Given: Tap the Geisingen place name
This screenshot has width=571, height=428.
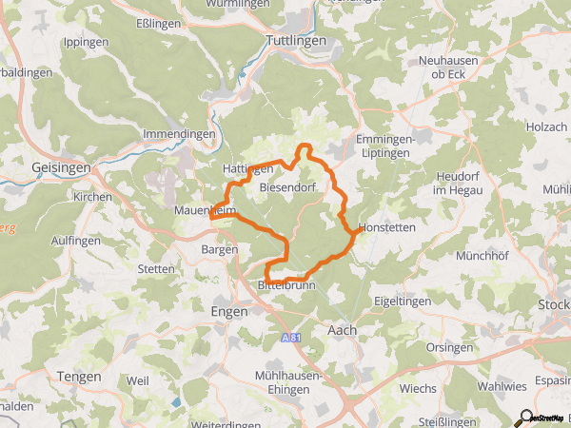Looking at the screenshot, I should tap(61, 167).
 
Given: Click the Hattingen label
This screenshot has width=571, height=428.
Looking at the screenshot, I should tap(247, 168).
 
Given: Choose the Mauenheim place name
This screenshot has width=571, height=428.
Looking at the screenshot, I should tap(205, 210).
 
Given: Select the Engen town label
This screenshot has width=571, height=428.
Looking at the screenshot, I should tap(227, 311).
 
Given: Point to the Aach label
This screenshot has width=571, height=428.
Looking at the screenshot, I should tap(342, 330).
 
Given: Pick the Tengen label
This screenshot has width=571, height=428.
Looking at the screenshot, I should tap(79, 377).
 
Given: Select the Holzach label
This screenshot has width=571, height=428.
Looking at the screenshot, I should tap(546, 126).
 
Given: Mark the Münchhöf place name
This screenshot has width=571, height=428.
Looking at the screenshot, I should tap(458, 256).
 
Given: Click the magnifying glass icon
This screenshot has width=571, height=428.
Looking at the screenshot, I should tap(522, 418).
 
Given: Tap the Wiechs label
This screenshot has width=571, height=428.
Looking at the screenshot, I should tap(419, 388).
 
